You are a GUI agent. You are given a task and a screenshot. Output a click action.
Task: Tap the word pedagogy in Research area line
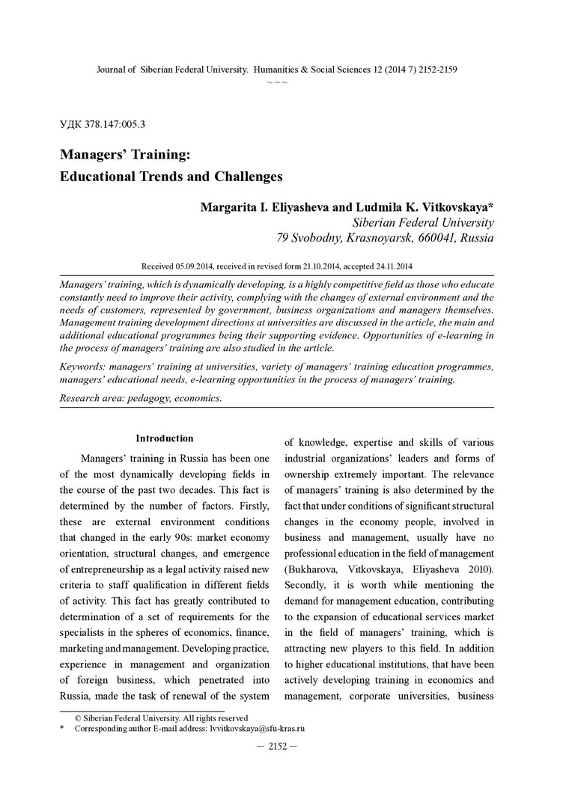[x=146, y=399]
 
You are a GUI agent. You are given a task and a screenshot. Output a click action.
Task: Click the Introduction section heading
[x=164, y=438]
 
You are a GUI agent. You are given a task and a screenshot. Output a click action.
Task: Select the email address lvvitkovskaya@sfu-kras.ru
[x=258, y=728]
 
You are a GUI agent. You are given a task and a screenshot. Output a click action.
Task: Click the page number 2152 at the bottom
[x=278, y=746]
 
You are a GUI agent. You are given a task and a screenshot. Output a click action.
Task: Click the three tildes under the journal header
[x=277, y=81]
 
